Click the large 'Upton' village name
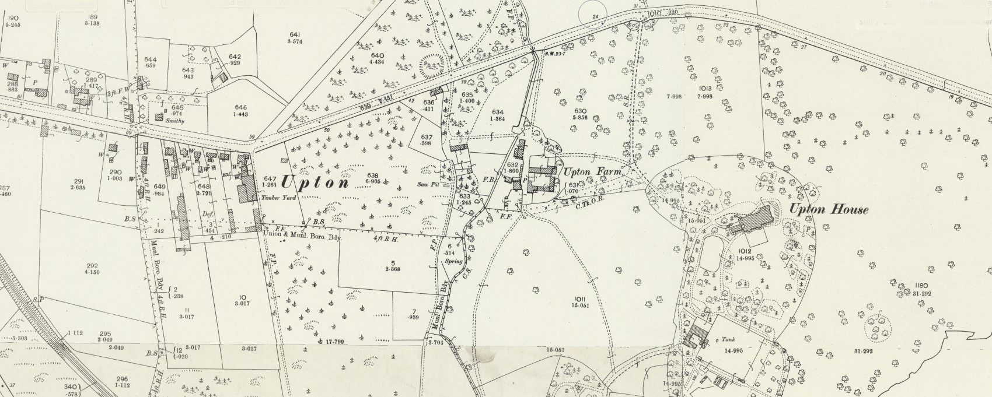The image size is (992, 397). click(315, 182)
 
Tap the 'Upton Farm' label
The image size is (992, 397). click(591, 173)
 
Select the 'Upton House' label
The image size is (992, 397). click(829, 209)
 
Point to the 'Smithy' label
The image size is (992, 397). click(174, 121)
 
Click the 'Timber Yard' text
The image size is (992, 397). click(279, 198)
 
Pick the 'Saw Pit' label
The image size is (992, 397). click(428, 184)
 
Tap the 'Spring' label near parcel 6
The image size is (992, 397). click(453, 261)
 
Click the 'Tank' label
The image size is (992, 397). click(728, 339)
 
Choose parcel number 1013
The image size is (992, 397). click(704, 89)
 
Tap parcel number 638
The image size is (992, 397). click(373, 175)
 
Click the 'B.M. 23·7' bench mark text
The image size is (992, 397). click(553, 54)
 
